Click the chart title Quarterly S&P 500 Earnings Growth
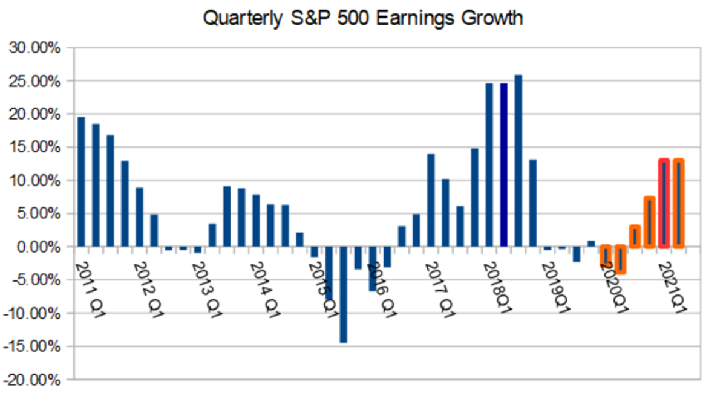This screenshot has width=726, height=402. [363, 18]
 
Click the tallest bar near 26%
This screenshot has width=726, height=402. [518, 161]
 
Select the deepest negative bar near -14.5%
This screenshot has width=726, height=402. [344, 294]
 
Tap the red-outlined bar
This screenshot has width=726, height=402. [664, 204]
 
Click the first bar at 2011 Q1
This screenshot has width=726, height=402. [81, 182]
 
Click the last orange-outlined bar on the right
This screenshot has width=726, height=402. [678, 204]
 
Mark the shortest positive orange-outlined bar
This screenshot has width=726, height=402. [635, 236]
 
